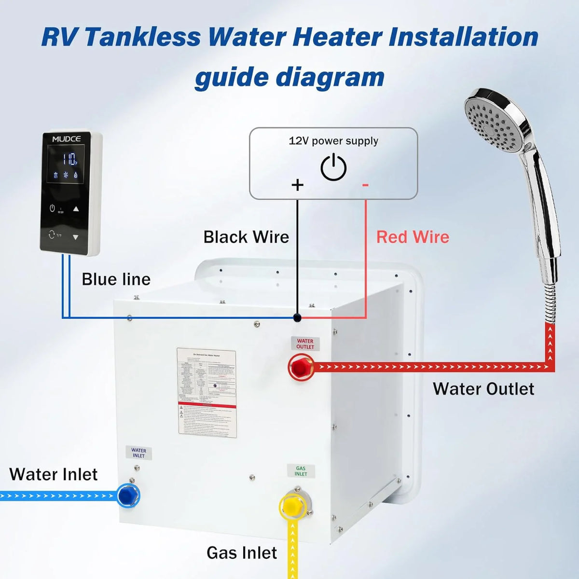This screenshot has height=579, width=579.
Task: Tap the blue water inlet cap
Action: [128, 495]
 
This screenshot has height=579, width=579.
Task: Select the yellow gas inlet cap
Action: [292, 506]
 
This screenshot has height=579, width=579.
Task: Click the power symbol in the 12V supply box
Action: [333, 168]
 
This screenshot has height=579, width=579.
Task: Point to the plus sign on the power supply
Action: [298, 185]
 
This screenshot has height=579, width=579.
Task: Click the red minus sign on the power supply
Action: [365, 185]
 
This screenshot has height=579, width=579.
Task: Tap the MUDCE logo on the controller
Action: [67, 139]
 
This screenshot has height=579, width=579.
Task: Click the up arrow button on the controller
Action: [76, 209]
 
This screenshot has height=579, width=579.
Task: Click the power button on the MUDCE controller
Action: [52, 208]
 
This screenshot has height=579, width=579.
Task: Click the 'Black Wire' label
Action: [246, 237]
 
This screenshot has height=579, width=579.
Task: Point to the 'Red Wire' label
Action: [413, 237]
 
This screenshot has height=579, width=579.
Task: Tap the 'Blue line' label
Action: [116, 279]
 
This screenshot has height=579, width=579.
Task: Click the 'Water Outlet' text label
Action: [483, 389]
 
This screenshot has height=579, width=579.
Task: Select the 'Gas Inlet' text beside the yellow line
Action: [241, 552]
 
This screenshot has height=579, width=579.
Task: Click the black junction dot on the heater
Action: [297, 317]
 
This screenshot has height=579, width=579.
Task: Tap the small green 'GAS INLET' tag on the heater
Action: [301, 471]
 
